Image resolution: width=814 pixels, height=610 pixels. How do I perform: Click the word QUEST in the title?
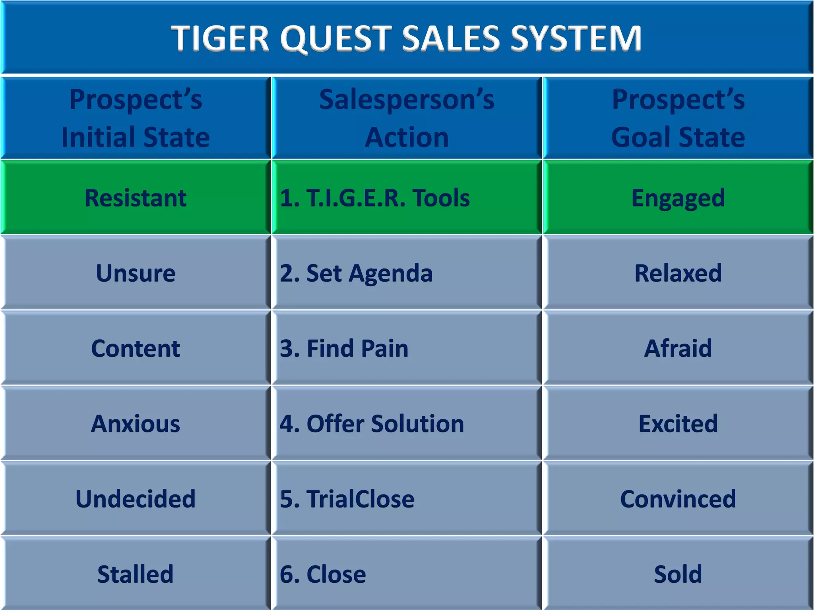tap(336, 39)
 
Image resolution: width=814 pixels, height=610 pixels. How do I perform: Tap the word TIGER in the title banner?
tap(221, 39)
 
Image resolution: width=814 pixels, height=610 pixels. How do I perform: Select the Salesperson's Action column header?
tap(407, 118)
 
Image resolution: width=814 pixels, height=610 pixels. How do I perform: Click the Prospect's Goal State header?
tap(678, 118)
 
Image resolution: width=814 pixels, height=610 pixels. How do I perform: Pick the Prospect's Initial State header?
tap(136, 118)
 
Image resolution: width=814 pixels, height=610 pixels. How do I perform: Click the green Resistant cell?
tap(136, 197)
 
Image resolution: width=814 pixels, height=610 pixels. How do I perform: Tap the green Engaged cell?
tap(678, 197)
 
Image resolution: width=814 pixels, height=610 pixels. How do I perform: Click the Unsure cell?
tap(136, 273)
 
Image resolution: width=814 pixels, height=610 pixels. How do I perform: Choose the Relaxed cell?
tap(678, 273)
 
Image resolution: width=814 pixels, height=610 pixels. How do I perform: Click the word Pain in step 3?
tap(384, 348)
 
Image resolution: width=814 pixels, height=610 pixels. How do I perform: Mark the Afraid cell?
tap(678, 348)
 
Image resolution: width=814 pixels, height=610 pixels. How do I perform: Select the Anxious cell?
tap(136, 423)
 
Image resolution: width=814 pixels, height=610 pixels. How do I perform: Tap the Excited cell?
tap(678, 423)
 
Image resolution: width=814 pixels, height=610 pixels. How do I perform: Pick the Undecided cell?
tap(136, 499)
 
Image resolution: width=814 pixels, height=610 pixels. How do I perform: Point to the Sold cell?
tap(678, 574)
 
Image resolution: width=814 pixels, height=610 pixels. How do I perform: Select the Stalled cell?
tap(136, 574)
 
